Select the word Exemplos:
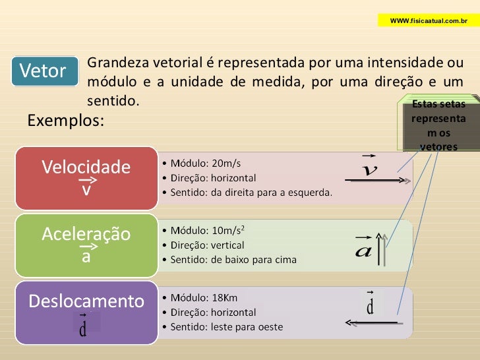(65, 121)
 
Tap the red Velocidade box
(86, 175)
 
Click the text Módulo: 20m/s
(206, 163)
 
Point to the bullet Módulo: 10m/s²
(208, 231)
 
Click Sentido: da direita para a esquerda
(251, 193)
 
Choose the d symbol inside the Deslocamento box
(83, 328)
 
